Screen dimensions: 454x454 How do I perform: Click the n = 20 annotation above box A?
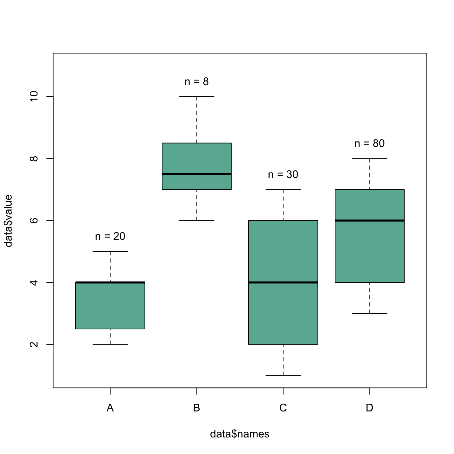coord(110,236)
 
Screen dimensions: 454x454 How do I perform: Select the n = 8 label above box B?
coord(197,82)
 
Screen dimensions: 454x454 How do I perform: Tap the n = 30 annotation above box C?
coord(283,175)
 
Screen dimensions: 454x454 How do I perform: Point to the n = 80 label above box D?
coord(370,144)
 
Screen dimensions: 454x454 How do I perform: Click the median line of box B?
coord(197,174)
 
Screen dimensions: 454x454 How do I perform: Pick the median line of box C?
coord(283,282)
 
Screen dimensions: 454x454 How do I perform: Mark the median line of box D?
coord(370,221)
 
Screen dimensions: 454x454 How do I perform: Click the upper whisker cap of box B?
coord(197,97)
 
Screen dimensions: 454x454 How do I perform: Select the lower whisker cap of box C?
coord(283,375)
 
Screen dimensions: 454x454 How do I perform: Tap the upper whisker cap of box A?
coord(110,252)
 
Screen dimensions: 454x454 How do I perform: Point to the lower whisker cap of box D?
coord(370,313)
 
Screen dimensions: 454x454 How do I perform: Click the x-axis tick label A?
coord(110,408)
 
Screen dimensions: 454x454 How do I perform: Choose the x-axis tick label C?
coord(283,408)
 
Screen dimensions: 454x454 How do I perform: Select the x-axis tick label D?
coord(370,408)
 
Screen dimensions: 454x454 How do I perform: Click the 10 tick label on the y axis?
coord(34,97)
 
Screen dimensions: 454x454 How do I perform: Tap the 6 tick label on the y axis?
coord(34,221)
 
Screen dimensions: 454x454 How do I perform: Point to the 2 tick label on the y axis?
coord(34,345)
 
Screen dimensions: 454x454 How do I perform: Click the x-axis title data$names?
coord(240,434)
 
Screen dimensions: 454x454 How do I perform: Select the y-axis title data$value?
coord(8,221)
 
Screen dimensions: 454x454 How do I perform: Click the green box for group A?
coord(110,306)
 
